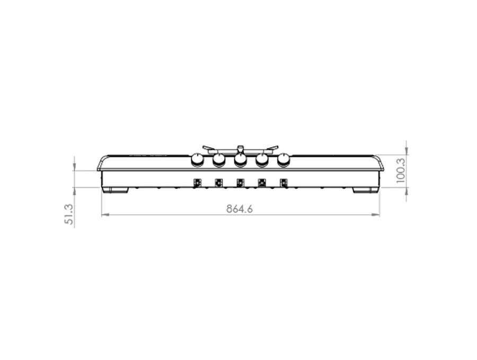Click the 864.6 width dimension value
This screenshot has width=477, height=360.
pos(240,209)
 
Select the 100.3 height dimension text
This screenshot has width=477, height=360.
pos(401,170)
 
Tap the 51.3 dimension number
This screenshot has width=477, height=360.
pos(69,215)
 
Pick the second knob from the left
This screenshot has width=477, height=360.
pos(219,160)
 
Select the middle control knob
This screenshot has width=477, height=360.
pos(240,160)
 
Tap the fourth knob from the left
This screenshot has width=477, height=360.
pos(262,160)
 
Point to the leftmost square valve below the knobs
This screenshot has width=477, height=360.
pos(197,182)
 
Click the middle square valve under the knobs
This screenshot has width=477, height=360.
pos(240,182)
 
